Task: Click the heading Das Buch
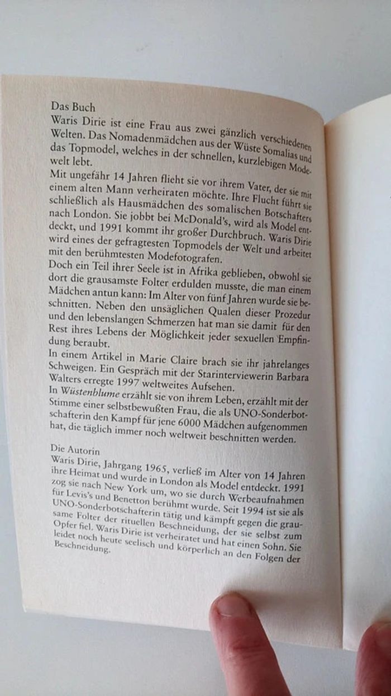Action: click(x=73, y=106)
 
